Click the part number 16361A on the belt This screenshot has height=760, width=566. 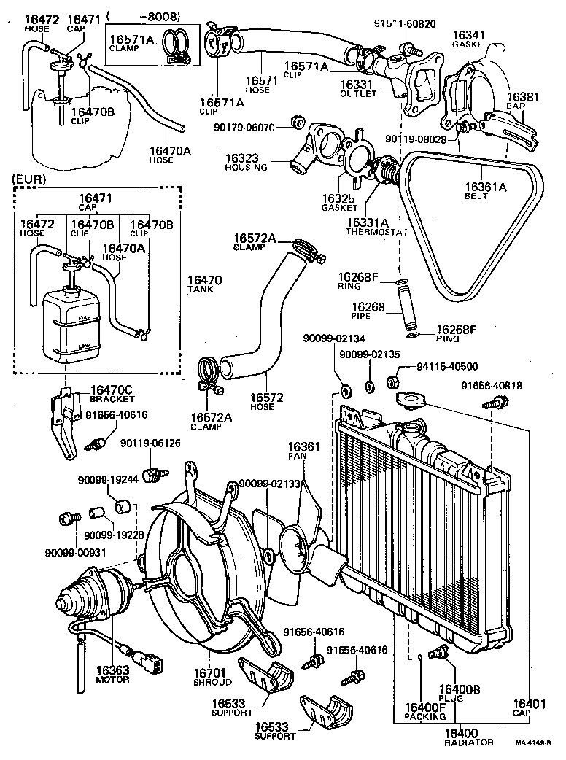tap(484, 185)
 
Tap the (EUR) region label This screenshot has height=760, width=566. tap(28, 178)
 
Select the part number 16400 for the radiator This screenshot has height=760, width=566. tap(460, 732)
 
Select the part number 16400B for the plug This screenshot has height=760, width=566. tap(459, 689)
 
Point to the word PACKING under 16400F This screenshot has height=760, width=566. tap(425, 717)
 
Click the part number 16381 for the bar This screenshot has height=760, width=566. tap(522, 96)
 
